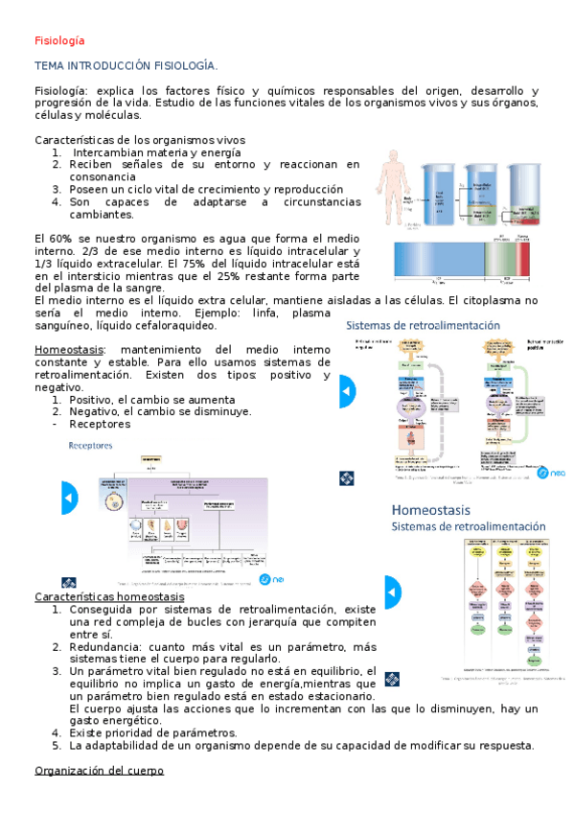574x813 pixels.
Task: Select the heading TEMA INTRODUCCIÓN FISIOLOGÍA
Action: (x=126, y=65)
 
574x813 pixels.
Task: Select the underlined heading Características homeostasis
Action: (x=109, y=596)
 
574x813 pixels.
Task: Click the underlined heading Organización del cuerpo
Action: (x=99, y=771)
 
